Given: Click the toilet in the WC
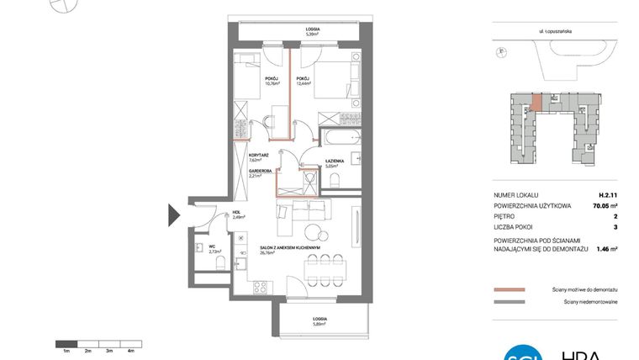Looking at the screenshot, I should click(219, 265).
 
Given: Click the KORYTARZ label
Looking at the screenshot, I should click(258, 156).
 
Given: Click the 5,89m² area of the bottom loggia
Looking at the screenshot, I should click(319, 323).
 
